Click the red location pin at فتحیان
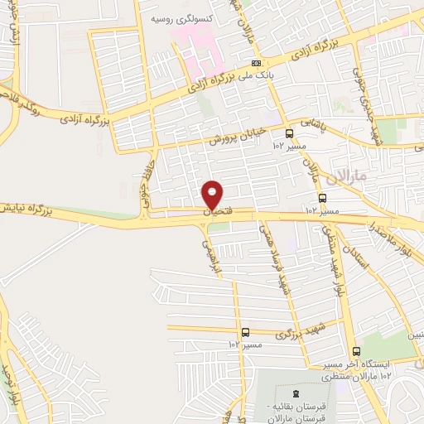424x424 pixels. pyautogui.click(x=213, y=195)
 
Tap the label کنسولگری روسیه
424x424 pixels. pyautogui.click(x=184, y=17)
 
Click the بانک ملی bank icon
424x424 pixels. pyautogui.click(x=258, y=63)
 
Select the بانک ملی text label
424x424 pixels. pyautogui.click(x=258, y=75)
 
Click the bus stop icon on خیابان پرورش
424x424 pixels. pyautogui.click(x=289, y=132)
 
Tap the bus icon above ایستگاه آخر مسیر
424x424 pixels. pyautogui.click(x=355, y=351)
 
